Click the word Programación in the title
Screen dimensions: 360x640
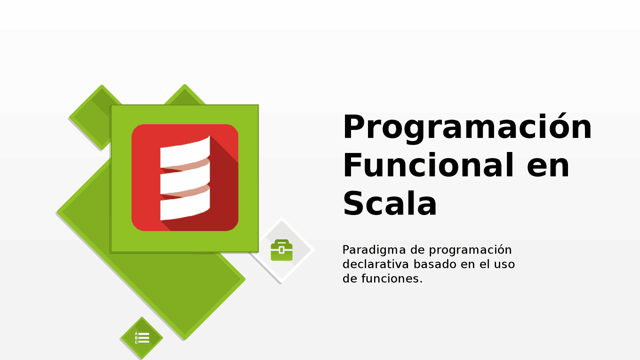(467, 128)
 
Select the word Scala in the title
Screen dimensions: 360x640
(390, 203)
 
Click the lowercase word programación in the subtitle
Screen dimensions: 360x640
(470, 250)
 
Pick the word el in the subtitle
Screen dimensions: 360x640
(483, 264)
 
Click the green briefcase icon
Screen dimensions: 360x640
(281, 250)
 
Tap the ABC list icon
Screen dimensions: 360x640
(142, 338)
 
